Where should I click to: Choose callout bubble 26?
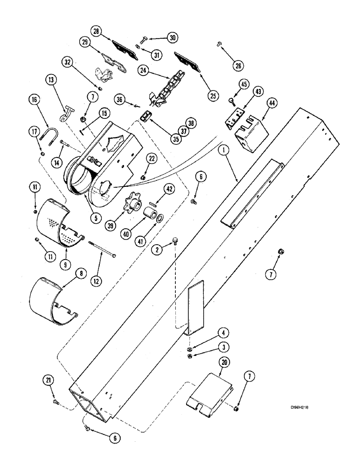238,66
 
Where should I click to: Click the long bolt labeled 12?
104,247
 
